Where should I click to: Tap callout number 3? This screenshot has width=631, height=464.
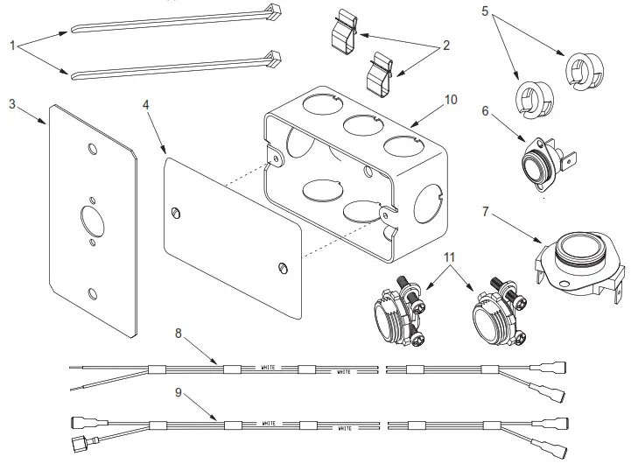click(12, 103)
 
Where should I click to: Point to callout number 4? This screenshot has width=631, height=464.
click(145, 103)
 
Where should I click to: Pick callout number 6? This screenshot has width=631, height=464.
click(485, 111)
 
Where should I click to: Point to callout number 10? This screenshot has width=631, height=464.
click(450, 99)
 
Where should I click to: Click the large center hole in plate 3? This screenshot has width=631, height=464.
click(89, 214)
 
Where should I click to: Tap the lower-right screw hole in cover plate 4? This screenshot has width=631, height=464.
click(282, 266)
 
